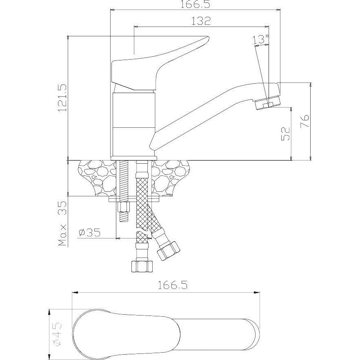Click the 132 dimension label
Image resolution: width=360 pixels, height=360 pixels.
pyautogui.click(x=201, y=21)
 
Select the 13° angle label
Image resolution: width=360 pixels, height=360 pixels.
pyautogui.click(x=261, y=40)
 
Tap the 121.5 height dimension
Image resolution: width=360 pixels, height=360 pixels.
pyautogui.click(x=62, y=98)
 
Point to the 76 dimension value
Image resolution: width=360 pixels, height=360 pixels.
pyautogui.click(x=304, y=121)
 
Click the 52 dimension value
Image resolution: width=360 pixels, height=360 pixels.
pyautogui.click(x=285, y=133)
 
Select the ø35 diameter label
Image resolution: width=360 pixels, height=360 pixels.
pyautogui.click(x=89, y=233)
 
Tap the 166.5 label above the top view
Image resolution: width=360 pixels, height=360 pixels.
pyautogui.click(x=173, y=285)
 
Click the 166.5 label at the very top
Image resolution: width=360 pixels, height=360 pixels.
pyautogui.click(x=195, y=4)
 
